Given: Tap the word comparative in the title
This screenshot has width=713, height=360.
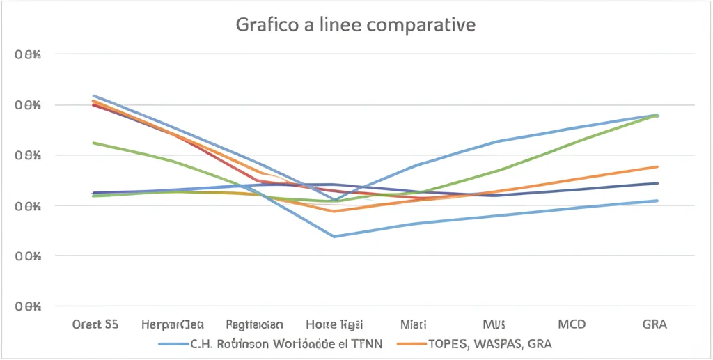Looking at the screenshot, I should coord(425,26).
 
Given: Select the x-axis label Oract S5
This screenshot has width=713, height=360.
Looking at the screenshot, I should coord(95,324).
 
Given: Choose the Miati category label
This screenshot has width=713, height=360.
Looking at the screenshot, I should coord(414,324).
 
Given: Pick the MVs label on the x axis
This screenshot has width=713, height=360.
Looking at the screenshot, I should coord(494,324).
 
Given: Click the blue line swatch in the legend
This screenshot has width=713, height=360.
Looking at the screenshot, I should coord(173,344).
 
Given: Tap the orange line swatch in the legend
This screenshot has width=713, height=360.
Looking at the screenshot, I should coord(410,344).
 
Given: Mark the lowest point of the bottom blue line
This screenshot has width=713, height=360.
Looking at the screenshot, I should coord(334,237).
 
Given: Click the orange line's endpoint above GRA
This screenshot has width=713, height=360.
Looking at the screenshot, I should coord(658,166).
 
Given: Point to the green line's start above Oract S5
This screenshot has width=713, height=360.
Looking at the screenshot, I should coord(93,143).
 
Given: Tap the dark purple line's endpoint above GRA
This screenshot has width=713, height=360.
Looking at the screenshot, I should coord(658,183).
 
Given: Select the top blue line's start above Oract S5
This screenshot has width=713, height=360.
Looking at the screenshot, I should coord(93,95).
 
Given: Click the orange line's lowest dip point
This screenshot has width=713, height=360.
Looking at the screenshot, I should coord(334,211).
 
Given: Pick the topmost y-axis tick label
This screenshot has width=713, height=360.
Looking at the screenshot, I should coord(29,54).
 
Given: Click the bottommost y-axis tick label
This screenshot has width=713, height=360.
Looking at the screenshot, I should coord(29,306).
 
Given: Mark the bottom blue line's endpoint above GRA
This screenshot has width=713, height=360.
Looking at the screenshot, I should coord(658,201).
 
